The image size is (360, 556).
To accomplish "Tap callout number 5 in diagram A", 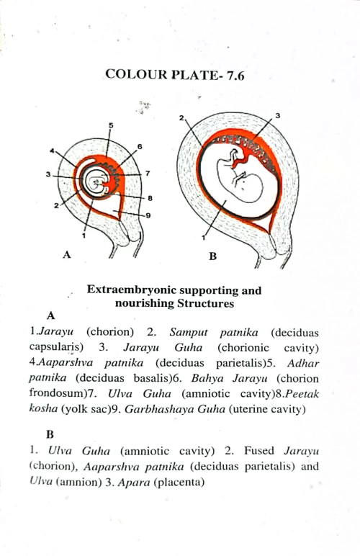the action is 110,125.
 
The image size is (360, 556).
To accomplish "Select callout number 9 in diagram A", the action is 148,215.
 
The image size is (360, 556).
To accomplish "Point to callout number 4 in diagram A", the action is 52,151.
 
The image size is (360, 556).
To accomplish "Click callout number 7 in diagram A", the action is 147,174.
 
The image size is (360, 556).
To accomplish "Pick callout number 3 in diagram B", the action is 277,116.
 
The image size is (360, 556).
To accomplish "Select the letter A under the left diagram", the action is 67,254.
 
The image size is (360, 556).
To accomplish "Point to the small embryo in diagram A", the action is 96,181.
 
